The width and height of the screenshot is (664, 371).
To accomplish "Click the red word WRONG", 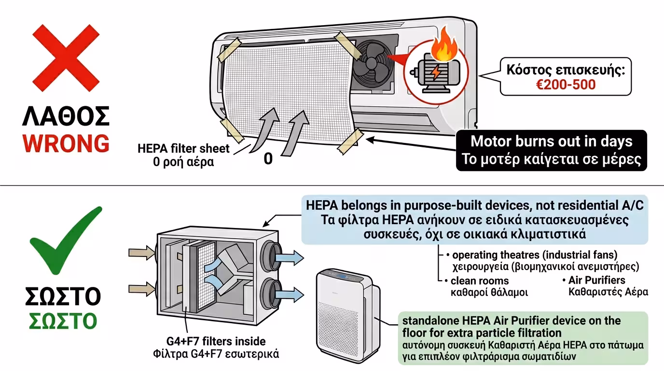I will pyautogui.click(x=66, y=143).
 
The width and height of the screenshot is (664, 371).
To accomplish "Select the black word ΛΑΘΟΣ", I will pyautogui.click(x=66, y=116).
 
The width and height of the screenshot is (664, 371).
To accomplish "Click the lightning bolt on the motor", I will pyautogui.click(x=435, y=72).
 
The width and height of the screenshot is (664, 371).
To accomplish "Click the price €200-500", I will pyautogui.click(x=566, y=85).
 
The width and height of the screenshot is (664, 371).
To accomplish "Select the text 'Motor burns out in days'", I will pyautogui.click(x=551, y=142).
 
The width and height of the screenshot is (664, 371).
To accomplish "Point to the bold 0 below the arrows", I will pyautogui.click(x=268, y=159).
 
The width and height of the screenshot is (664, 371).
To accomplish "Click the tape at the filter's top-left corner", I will pyautogui.click(x=230, y=50).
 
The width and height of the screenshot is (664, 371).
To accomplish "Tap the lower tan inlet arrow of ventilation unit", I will pyautogui.click(x=140, y=289).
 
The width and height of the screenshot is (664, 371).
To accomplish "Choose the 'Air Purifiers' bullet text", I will pyautogui.click(x=596, y=280).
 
